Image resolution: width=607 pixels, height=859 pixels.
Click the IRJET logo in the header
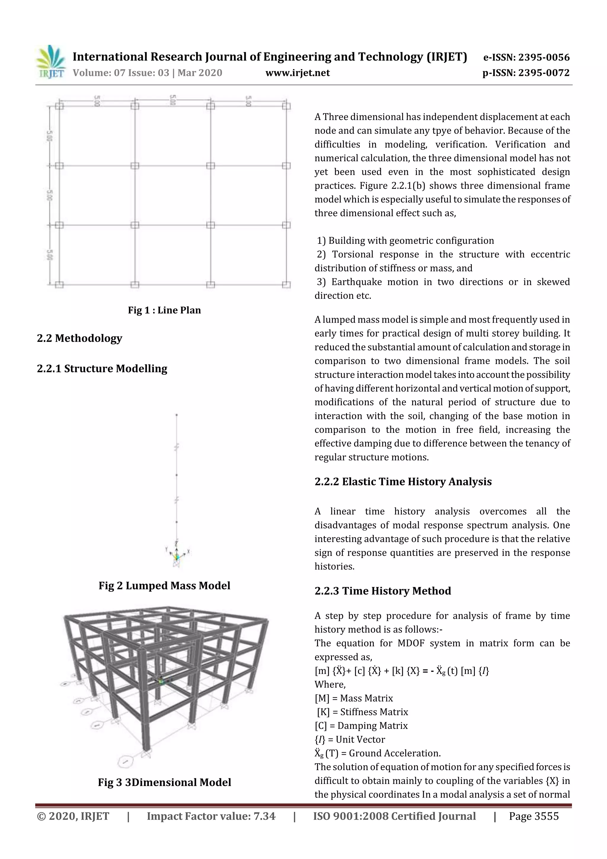[50, 62]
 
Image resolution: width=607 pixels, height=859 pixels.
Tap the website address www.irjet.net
[297, 73]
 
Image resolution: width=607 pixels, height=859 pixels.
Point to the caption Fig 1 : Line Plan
[164, 310]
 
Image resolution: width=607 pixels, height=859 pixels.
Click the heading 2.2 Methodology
[79, 338]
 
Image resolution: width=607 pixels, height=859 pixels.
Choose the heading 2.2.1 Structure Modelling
[102, 369]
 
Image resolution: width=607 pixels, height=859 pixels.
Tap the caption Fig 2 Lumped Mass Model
[164, 586]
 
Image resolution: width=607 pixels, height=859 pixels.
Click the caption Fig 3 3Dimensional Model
[164, 782]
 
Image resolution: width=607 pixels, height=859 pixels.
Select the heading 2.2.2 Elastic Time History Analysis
[403, 482]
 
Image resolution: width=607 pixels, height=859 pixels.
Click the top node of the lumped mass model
[177, 415]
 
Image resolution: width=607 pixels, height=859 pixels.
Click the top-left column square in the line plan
[59, 106]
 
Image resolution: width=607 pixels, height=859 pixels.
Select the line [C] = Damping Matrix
[361, 726]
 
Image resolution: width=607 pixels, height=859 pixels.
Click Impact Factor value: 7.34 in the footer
[211, 816]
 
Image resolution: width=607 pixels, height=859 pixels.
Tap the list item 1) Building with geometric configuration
[405, 240]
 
